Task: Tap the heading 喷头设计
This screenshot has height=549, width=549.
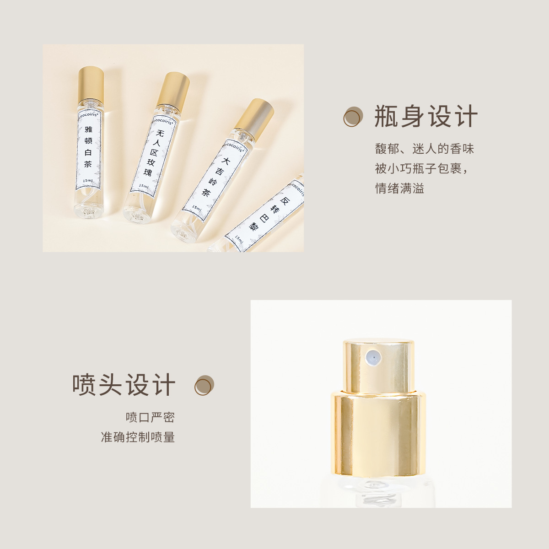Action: click(124, 385)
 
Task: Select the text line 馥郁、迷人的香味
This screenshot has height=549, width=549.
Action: click(425, 149)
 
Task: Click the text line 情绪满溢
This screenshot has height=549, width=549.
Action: click(399, 188)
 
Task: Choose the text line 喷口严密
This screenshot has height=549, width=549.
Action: click(150, 417)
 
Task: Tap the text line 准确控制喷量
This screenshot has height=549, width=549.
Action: click(138, 437)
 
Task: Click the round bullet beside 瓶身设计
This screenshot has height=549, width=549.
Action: click(353, 117)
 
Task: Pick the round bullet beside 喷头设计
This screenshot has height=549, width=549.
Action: click(204, 385)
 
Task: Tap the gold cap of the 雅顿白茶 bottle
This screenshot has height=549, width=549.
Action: click(91, 85)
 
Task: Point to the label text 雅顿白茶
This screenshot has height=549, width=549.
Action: click(88, 146)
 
